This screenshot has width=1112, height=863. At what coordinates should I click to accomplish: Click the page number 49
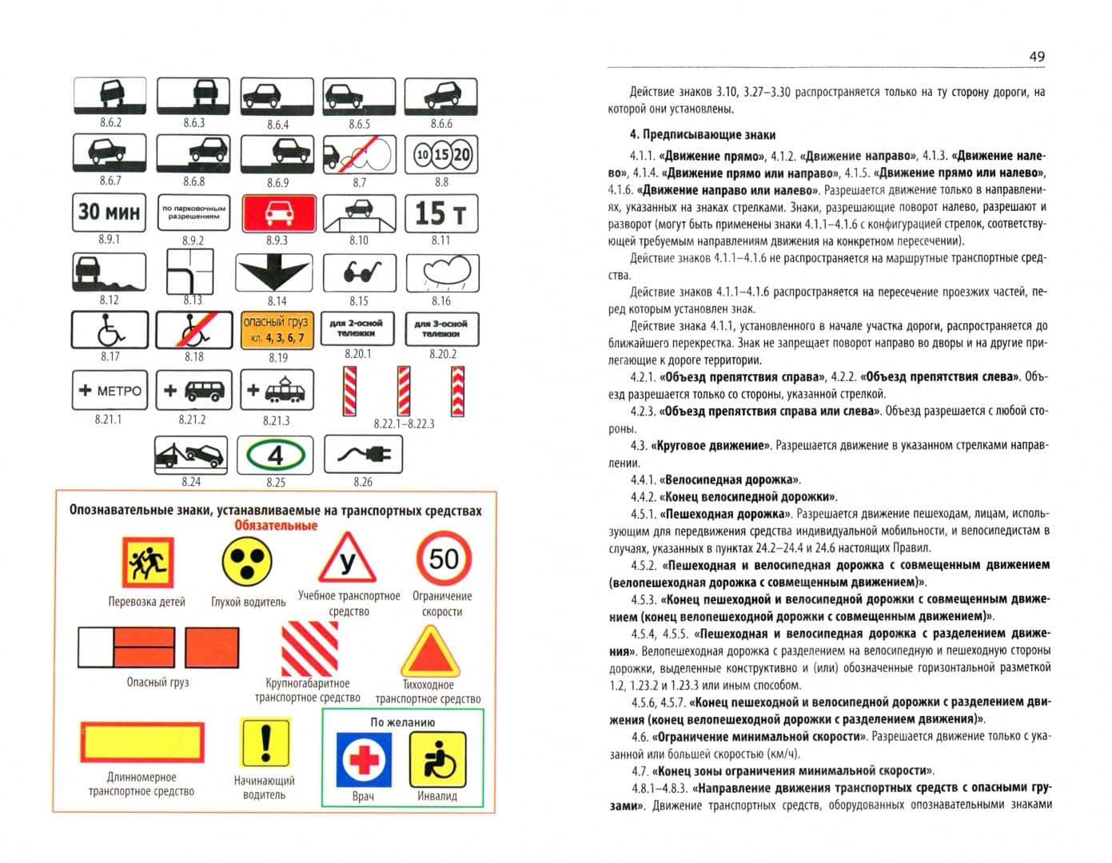1036,56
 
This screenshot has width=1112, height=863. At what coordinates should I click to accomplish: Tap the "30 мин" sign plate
109,213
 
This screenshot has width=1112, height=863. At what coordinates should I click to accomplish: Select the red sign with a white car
279,213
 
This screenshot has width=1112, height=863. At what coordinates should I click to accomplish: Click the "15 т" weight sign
441,213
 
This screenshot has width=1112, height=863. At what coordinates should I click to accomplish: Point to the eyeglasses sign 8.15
360,272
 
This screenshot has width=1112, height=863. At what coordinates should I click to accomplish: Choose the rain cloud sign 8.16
443,273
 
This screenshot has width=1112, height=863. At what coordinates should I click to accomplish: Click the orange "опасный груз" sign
277,330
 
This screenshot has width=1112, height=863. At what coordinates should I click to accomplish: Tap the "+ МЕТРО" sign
110,390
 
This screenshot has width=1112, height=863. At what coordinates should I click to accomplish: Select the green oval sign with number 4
275,455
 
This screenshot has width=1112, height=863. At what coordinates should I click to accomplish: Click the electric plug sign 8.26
363,454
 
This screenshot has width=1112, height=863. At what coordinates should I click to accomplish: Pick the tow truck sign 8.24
191,455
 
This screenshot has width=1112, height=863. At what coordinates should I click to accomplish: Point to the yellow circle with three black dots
247,561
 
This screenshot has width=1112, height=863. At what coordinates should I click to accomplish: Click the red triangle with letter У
348,559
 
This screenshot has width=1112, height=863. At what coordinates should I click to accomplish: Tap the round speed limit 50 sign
443,559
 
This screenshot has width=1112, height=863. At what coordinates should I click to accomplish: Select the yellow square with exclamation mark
265,742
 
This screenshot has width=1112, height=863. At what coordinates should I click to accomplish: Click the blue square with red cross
364,760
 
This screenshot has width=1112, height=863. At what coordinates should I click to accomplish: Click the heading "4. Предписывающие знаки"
702,135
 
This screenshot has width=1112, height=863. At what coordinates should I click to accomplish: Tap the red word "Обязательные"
276,526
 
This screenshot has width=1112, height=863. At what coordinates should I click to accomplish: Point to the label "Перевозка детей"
146,602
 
